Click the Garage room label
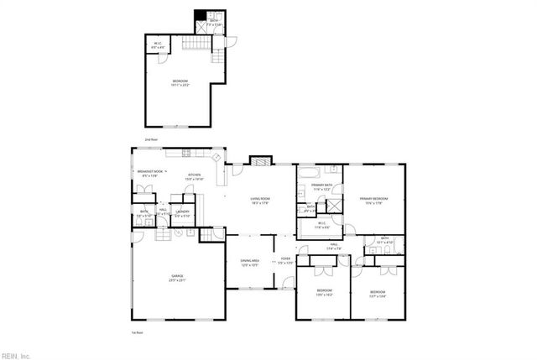point(178,278)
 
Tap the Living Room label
point(259,200)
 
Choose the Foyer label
point(285,260)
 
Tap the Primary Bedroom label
point(374,200)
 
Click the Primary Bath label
point(322,188)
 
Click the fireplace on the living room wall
point(263,159)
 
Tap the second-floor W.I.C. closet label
point(156,47)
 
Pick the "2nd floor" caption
point(150,139)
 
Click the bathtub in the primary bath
point(307,175)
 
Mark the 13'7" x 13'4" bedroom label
point(378,294)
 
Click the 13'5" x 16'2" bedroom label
point(325,293)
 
